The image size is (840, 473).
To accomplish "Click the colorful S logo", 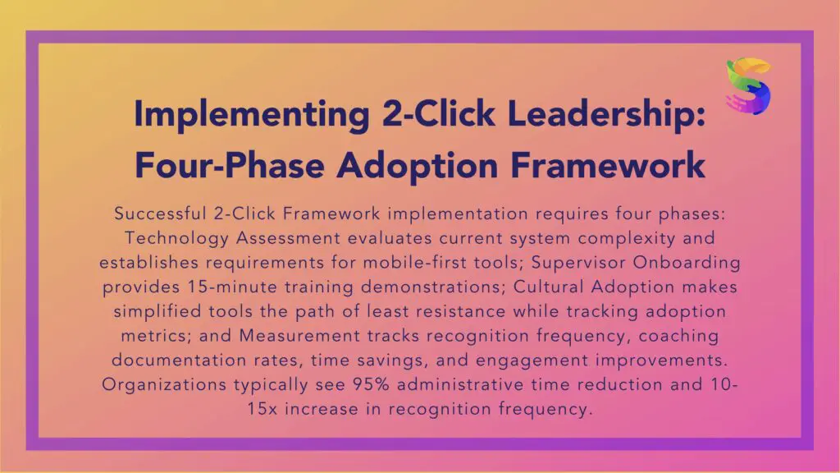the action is click(x=748, y=85).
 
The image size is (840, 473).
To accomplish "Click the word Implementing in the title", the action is click(x=252, y=114).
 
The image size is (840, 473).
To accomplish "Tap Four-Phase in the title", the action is click(x=230, y=164).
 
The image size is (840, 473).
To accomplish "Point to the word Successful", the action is click(x=160, y=214).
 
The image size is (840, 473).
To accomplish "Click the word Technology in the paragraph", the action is click(x=177, y=238).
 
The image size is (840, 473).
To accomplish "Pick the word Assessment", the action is click(x=288, y=237).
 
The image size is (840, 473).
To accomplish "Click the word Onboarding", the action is click(x=687, y=263).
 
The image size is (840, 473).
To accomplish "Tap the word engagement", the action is click(x=532, y=360).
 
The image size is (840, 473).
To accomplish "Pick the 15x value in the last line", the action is click(x=262, y=409).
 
